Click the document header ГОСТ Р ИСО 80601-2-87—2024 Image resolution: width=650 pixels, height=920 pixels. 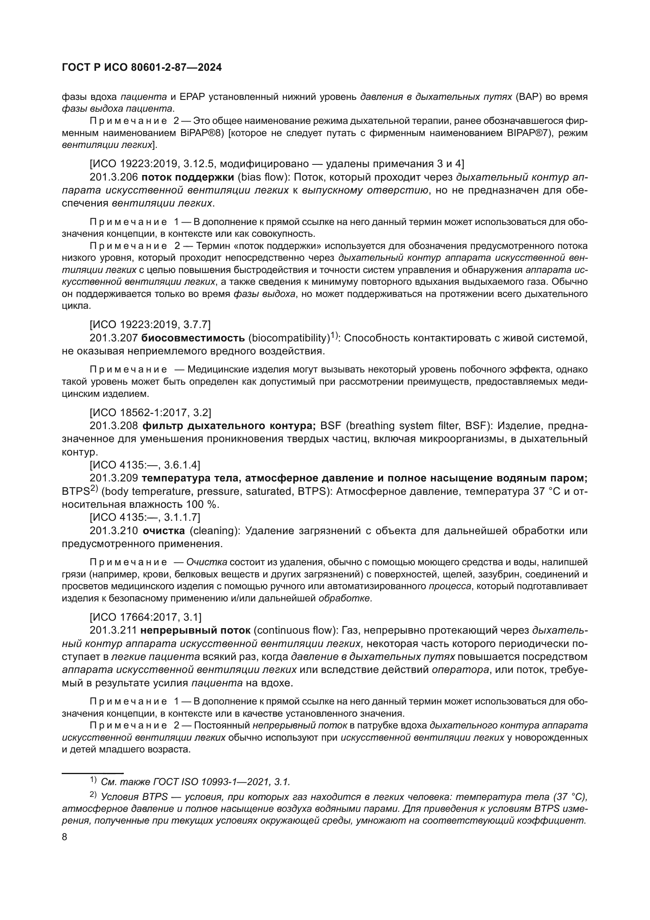[x=142, y=68]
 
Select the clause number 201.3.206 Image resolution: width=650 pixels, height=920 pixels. [x=114, y=177]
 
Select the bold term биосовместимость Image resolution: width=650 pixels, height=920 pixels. [x=193, y=338]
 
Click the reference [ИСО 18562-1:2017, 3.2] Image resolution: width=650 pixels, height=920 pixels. [x=151, y=412]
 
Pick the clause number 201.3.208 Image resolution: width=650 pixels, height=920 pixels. [x=114, y=425]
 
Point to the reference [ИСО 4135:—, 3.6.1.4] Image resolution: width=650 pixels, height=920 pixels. [x=145, y=465]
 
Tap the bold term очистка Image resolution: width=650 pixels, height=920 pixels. [x=164, y=531]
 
